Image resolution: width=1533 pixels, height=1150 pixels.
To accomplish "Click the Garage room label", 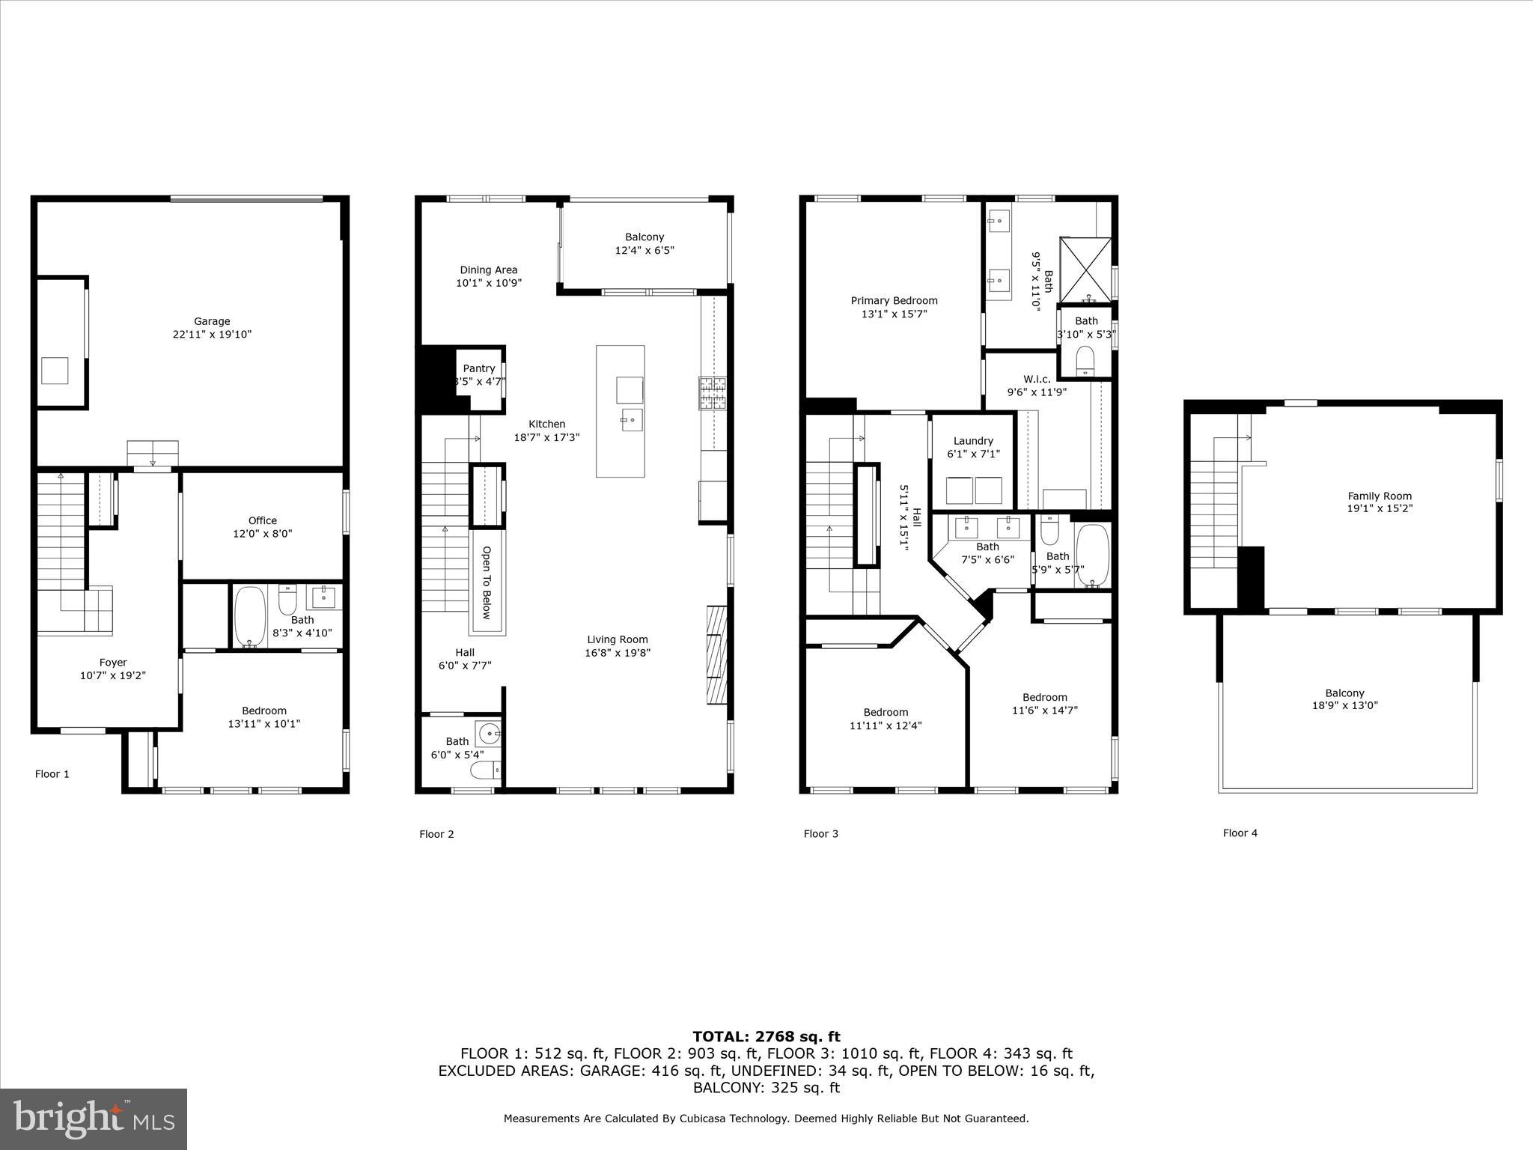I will [x=212, y=321].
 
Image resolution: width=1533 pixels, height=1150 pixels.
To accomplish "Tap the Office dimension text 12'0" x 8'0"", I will [x=262, y=534].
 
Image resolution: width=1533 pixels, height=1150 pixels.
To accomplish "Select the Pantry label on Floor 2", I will [x=478, y=368].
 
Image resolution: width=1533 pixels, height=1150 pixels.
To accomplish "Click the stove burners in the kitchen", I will [x=713, y=392].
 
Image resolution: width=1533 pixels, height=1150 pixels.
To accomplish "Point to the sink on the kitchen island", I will [x=631, y=420].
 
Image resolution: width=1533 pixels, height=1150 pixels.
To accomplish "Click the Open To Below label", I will [x=486, y=582].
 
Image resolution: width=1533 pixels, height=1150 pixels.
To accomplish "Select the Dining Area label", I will [x=488, y=270].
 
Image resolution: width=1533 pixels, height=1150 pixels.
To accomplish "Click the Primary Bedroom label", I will [x=894, y=300].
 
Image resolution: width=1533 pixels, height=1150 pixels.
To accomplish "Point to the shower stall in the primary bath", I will [x=1085, y=270].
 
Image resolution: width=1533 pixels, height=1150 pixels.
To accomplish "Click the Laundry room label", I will [x=973, y=441].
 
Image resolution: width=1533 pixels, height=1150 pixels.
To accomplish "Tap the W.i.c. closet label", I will [x=1037, y=379].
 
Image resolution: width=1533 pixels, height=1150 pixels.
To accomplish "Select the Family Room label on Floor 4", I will [x=1380, y=496].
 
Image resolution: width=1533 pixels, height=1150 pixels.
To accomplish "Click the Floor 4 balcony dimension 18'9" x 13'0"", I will [x=1344, y=705].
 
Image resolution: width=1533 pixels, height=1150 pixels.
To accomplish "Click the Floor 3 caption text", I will [x=820, y=833].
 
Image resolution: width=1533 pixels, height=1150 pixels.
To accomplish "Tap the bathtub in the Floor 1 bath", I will [x=250, y=616].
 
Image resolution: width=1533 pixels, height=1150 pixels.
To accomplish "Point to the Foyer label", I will [x=113, y=662].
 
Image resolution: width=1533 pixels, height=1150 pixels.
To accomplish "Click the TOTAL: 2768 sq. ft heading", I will [x=766, y=1036].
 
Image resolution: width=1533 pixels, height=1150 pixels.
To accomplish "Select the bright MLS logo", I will [x=94, y=1119].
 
